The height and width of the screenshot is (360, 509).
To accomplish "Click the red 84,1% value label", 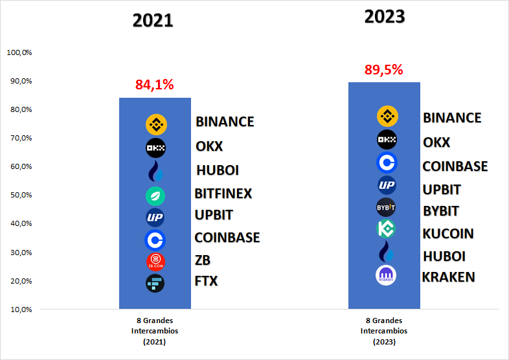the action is pyautogui.click(x=155, y=85).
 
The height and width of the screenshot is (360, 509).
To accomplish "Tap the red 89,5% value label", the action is pyautogui.click(x=384, y=70).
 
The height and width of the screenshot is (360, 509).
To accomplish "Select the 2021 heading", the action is pyautogui.click(x=153, y=21).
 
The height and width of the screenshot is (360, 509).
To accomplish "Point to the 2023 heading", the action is pyautogui.click(x=385, y=17).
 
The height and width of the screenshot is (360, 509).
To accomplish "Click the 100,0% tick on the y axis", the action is pyautogui.click(x=19, y=52).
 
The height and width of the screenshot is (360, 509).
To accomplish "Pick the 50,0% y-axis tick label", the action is pyautogui.click(x=21, y=195).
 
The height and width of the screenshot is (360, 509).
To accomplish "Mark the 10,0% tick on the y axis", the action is pyautogui.click(x=21, y=309).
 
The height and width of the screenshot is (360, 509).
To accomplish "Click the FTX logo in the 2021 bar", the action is pyautogui.click(x=155, y=284).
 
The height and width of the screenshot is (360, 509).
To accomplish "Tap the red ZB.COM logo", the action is pyautogui.click(x=155, y=262).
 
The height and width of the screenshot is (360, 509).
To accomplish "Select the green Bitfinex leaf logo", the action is pyautogui.click(x=155, y=196).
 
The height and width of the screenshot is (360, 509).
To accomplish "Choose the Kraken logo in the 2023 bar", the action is pyautogui.click(x=386, y=275).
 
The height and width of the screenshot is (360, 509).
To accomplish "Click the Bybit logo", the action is pyautogui.click(x=386, y=207).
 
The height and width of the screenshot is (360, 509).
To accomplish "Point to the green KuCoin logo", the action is pyautogui.click(x=386, y=229).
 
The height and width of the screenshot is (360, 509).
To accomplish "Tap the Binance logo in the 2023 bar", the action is pyautogui.click(x=387, y=116).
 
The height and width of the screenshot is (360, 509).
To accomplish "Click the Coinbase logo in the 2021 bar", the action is pyautogui.click(x=155, y=240).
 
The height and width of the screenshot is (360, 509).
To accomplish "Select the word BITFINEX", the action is pyautogui.click(x=223, y=194).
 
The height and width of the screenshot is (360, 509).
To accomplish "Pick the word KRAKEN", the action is pyautogui.click(x=449, y=277).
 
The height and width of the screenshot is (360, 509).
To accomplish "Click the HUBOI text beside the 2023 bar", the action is pyautogui.click(x=444, y=256).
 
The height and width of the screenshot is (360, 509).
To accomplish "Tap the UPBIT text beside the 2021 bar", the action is pyautogui.click(x=214, y=215).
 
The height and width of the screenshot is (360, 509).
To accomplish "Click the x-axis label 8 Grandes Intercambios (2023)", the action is pyautogui.click(x=384, y=331).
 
